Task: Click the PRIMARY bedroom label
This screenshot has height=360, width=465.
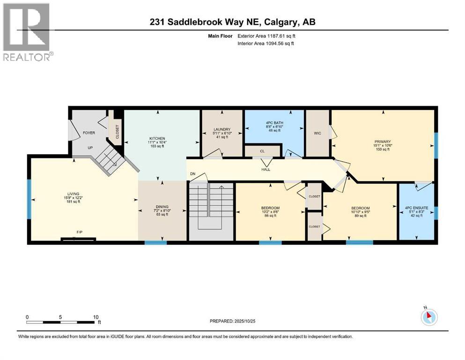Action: pyautogui.click(x=382, y=142)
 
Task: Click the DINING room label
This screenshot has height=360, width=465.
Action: pyautogui.click(x=162, y=206)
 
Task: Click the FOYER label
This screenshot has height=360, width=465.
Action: pyautogui.click(x=89, y=133)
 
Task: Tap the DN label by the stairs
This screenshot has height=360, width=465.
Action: pyautogui.click(x=192, y=174)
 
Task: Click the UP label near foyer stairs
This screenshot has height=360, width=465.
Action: pyautogui.click(x=90, y=147)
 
